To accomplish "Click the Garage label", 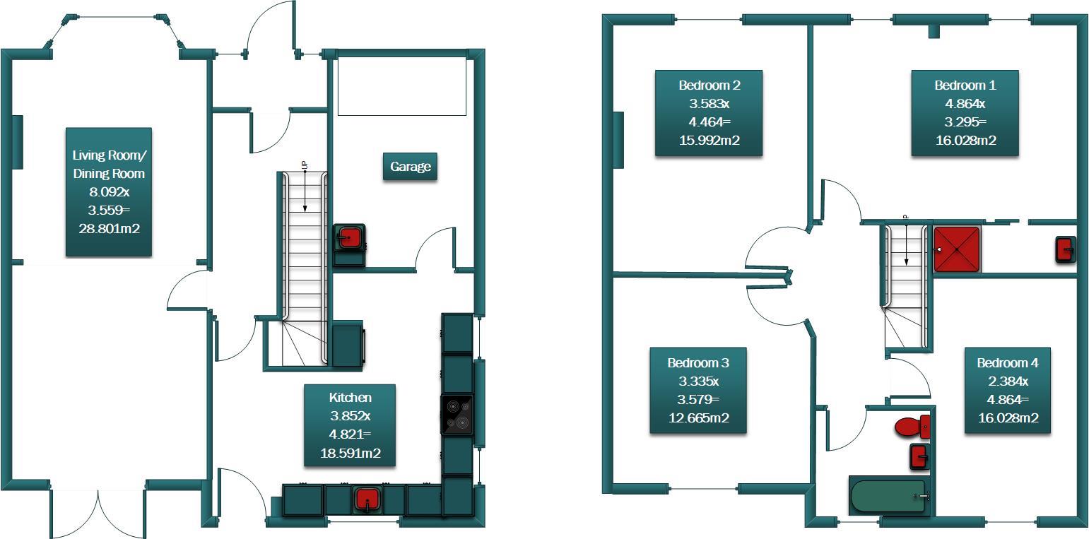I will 410,167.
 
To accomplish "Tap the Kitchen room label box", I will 350,425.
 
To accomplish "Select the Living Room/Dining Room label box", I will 108,191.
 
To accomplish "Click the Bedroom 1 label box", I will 965,112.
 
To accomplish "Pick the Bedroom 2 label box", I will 709,112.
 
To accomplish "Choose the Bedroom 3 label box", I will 697,390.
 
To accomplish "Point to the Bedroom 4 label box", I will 1007,390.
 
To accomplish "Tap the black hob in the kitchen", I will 457,414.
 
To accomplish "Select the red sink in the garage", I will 349,237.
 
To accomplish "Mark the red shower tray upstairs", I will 957,249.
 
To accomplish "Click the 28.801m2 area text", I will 108,228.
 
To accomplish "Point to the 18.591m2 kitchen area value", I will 350,453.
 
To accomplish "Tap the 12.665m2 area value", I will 697,417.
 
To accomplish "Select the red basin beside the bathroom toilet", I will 919,456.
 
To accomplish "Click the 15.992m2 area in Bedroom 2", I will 709,140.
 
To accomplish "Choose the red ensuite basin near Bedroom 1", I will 1065,249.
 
